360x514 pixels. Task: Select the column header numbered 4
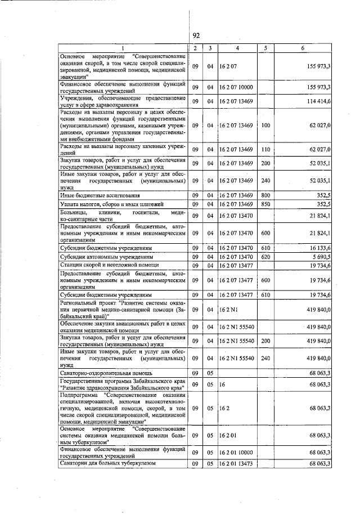click(237, 48)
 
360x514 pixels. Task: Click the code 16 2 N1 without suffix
click(228, 309)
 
